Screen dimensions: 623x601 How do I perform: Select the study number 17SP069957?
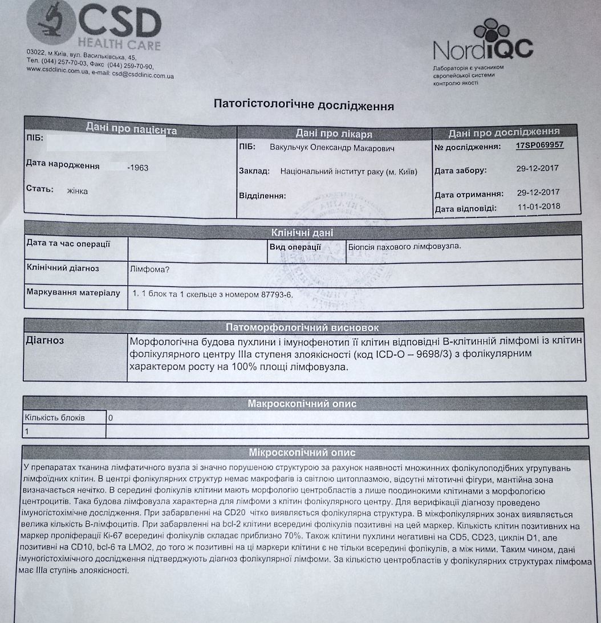539,145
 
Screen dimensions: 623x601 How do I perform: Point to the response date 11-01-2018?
538,207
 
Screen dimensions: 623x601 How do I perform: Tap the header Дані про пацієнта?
131,130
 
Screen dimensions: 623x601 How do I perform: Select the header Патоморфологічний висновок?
302,327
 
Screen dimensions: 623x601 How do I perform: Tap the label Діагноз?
45,341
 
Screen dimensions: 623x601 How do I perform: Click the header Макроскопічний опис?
302,404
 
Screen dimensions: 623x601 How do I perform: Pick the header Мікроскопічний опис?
302,452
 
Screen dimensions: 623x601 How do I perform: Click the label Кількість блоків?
54,418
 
